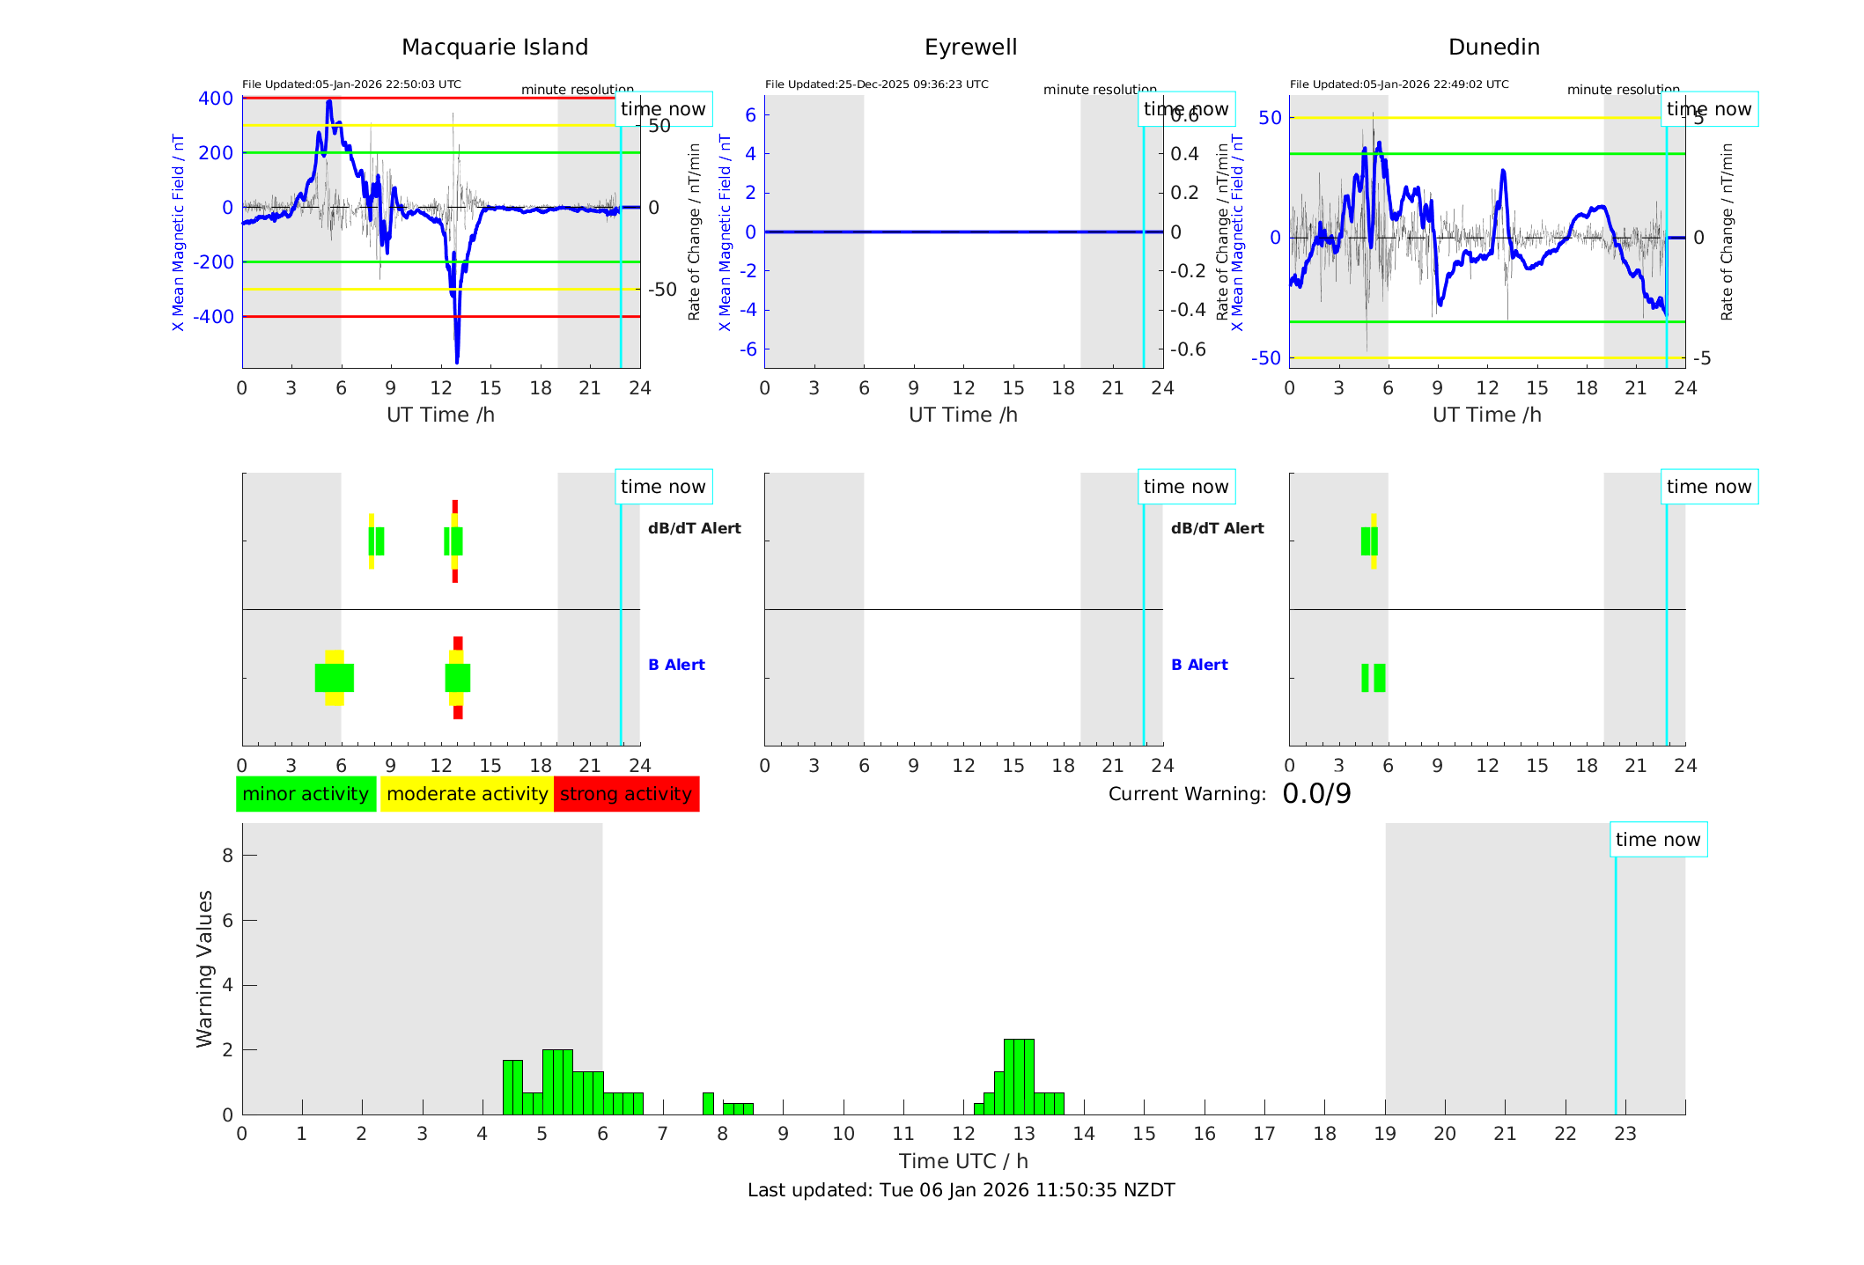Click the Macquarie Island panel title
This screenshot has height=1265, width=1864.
pyautogui.click(x=494, y=48)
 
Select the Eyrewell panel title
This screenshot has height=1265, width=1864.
pyautogui.click(x=970, y=48)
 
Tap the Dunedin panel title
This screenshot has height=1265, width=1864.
pyautogui.click(x=1493, y=48)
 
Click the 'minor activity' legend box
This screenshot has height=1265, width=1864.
pyautogui.click(x=306, y=794)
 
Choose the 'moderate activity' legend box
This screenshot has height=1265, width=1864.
pyautogui.click(x=467, y=794)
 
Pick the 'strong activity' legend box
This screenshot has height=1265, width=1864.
pyautogui.click(x=626, y=794)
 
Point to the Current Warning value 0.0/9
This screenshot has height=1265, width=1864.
pyautogui.click(x=1316, y=794)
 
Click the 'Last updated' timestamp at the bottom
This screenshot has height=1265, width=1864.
pyautogui.click(x=961, y=1190)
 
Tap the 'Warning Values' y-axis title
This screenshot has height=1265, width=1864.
pyautogui.click(x=205, y=968)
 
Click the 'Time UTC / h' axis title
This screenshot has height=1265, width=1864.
pyautogui.click(x=963, y=1161)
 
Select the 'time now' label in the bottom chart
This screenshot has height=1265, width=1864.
pyautogui.click(x=1658, y=840)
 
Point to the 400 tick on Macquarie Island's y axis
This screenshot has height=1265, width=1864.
pyautogui.click(x=216, y=99)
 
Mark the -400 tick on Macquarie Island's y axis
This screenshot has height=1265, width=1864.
pyautogui.click(x=212, y=317)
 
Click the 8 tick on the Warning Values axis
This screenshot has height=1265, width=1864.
pyautogui.click(x=228, y=855)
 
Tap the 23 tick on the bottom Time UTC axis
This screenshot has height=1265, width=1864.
pyautogui.click(x=1625, y=1134)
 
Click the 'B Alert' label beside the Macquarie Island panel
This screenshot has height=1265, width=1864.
pyautogui.click(x=676, y=665)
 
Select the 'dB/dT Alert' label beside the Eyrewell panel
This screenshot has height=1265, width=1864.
pyautogui.click(x=1217, y=528)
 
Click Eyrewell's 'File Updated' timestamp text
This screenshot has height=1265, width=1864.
pyautogui.click(x=876, y=85)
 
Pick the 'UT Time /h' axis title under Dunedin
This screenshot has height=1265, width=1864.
pyautogui.click(x=1486, y=415)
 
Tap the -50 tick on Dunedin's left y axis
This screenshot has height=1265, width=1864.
pyautogui.click(x=1266, y=358)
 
